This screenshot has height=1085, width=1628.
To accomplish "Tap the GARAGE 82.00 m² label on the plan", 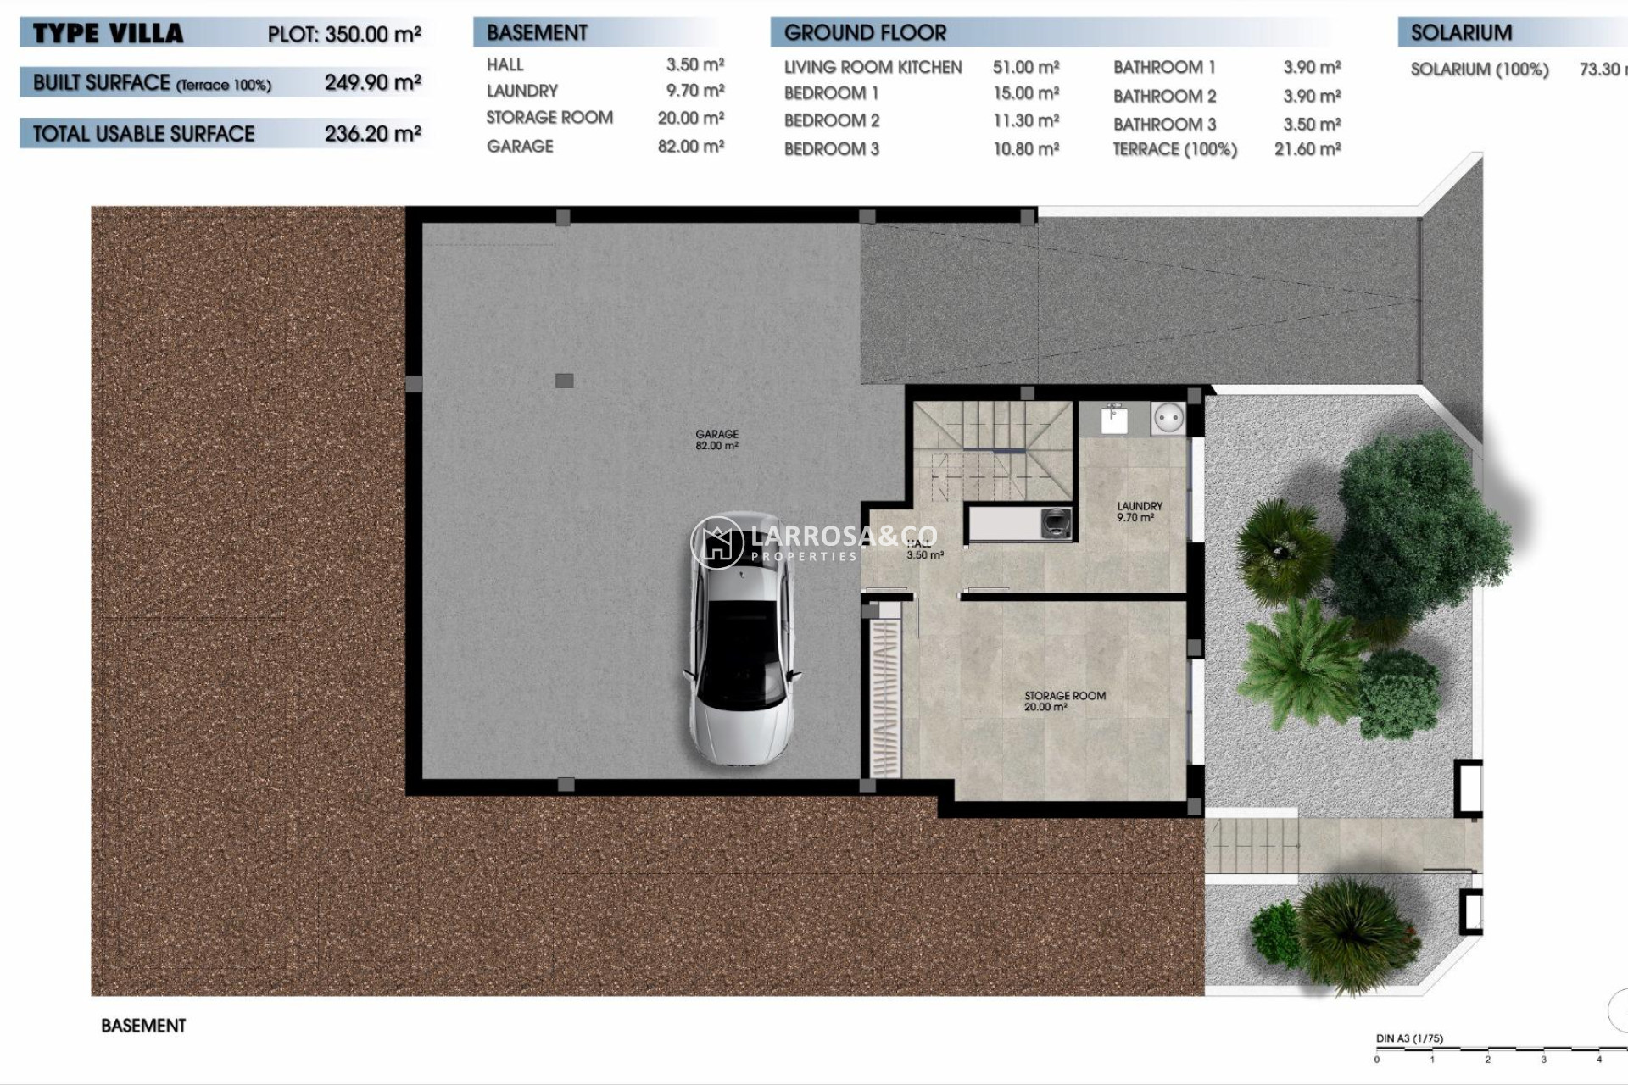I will (x=716, y=439).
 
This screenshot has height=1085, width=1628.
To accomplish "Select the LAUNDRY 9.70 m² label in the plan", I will (x=1139, y=511).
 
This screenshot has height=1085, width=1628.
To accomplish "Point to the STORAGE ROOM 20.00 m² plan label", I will (x=1064, y=700).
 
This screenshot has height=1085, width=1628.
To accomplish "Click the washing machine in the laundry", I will (x=1056, y=522).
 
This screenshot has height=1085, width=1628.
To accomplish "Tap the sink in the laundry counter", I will (x=1114, y=419).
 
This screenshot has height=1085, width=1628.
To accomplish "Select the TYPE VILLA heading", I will (x=108, y=34).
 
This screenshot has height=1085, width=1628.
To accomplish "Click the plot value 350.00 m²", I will (x=373, y=35).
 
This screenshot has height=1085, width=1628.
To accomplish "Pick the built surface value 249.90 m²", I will (x=373, y=83).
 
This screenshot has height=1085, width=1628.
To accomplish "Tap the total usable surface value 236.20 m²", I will (x=373, y=134).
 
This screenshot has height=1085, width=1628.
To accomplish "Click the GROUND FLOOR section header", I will (x=865, y=33).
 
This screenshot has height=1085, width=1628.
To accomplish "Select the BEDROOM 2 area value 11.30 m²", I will (x=1026, y=121).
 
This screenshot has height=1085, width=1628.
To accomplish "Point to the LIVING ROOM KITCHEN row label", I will (x=873, y=68).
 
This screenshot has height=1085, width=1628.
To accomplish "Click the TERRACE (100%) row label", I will (x=1174, y=150).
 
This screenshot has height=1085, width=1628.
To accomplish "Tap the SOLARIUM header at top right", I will (x=1461, y=33).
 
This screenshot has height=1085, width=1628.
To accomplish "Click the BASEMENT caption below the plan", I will (x=143, y=1026).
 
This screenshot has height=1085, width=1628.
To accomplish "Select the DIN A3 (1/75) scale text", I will (x=1409, y=1038).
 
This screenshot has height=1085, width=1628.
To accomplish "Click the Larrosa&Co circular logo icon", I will (x=717, y=542).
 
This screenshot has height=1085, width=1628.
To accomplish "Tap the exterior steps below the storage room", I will (x=1252, y=845).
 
